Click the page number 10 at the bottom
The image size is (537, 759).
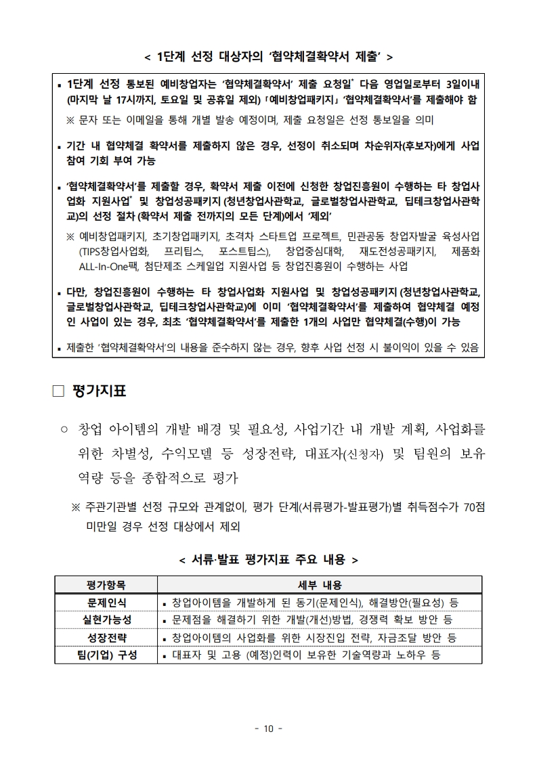point(268,729)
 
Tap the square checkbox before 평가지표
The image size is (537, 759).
point(58,391)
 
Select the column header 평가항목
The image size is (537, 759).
point(106,584)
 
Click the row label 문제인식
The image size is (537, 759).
point(106,602)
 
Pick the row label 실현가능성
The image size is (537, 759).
point(106,620)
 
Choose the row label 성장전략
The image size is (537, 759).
point(106,637)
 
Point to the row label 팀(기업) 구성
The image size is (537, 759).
point(106,655)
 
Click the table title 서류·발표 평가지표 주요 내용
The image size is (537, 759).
point(268,559)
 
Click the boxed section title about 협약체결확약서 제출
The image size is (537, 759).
point(268,56)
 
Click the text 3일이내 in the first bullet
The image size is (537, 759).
point(458,85)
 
